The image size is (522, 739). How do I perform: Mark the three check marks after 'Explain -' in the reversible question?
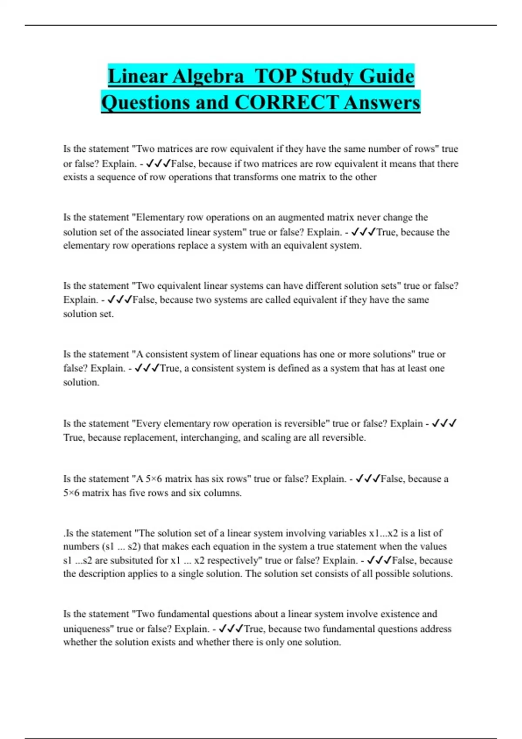(444, 423)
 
